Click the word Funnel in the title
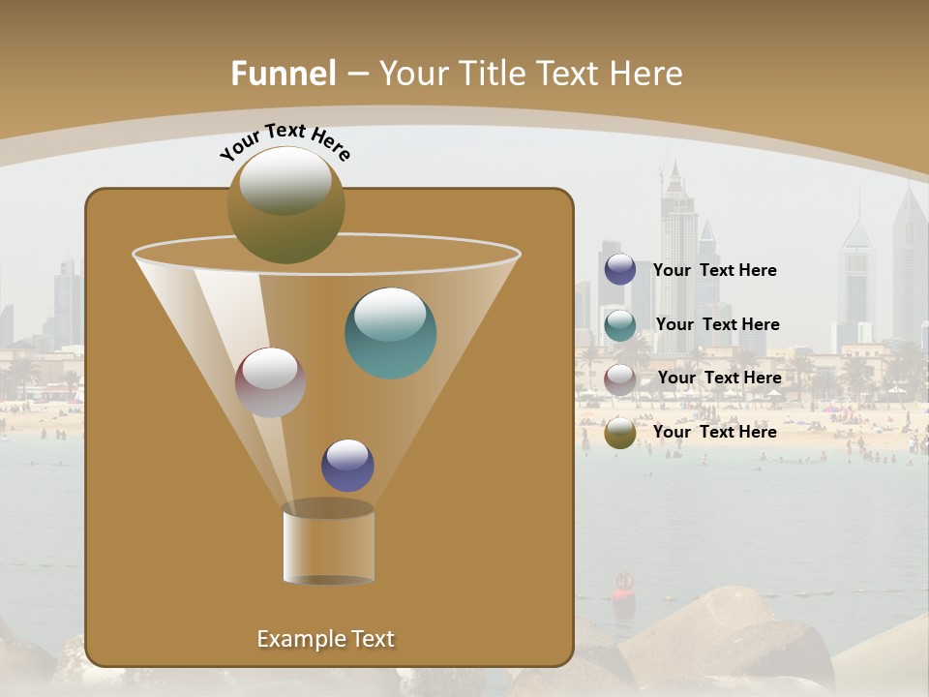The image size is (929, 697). click(x=284, y=74)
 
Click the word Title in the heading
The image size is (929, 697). click(x=491, y=74)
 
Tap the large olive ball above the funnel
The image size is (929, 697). click(x=286, y=204)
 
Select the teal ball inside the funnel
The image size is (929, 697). click(x=391, y=333)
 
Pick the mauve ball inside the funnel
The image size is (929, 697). click(x=271, y=382)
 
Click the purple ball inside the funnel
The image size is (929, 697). click(x=347, y=466)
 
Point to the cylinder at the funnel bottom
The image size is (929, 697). click(x=329, y=545)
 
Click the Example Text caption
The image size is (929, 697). click(x=326, y=639)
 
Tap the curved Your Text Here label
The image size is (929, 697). click(x=285, y=141)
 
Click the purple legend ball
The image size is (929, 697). click(x=620, y=270)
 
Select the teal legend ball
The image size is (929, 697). click(x=620, y=324)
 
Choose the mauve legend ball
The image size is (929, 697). click(x=620, y=379)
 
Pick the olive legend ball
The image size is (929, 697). click(x=620, y=433)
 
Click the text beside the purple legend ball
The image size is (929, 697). click(x=715, y=271)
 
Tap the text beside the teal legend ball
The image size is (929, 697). click(x=717, y=324)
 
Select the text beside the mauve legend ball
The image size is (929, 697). click(x=720, y=378)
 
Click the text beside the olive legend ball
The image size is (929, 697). click(x=715, y=432)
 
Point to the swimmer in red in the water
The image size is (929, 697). click(x=623, y=584)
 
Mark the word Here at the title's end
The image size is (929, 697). click(x=646, y=74)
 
